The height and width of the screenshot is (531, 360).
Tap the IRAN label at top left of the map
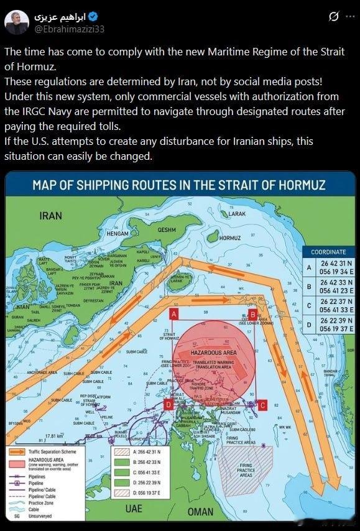tap(50, 216)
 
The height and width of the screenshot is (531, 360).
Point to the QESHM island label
tap(167, 229)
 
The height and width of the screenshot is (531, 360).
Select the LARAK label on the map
tap(237, 213)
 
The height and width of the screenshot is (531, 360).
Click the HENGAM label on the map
tap(118, 234)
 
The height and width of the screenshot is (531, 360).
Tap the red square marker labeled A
tap(174, 313)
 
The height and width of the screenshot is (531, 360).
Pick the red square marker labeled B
tap(252, 314)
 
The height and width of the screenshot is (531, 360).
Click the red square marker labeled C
tap(262, 405)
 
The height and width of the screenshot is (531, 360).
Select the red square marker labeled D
tap(168, 405)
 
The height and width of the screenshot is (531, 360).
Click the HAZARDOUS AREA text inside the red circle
tap(213, 353)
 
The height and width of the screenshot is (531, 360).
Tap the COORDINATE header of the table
tap(328, 252)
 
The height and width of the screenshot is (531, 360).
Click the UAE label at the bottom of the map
tap(133, 509)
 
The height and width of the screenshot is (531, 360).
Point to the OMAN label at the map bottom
tap(200, 512)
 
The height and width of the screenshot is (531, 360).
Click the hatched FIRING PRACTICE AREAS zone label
tap(246, 470)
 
